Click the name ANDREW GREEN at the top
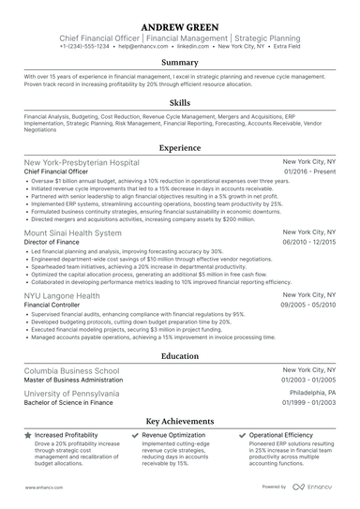tap(180, 23)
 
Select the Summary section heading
tap(180, 63)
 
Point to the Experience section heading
tap(180, 148)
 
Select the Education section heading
tap(180, 356)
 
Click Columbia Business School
tap(85, 371)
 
